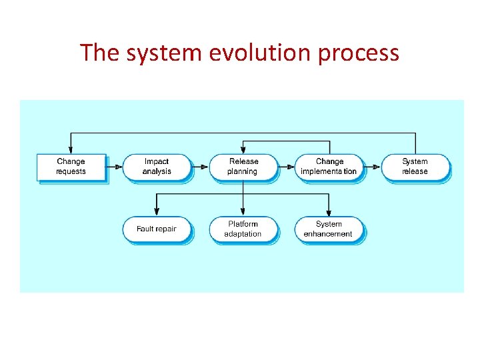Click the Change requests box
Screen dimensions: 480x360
click(71, 167)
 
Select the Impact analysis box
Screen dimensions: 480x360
click(157, 167)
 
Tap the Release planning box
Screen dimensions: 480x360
click(243, 167)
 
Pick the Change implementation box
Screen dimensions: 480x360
click(329, 167)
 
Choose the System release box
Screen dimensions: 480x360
click(415, 167)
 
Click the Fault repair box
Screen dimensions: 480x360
click(157, 229)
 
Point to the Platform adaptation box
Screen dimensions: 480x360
click(243, 229)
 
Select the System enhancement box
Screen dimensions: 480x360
click(329, 229)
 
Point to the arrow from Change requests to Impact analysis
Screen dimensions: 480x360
click(113, 167)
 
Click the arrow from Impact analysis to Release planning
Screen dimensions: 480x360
click(200, 167)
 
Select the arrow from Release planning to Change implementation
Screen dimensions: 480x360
click(285, 167)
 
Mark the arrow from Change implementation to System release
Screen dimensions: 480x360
click(372, 167)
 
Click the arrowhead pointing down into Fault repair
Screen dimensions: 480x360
click(157, 212)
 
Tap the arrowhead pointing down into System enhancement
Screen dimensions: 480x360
click(329, 212)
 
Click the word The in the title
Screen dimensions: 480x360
click(98, 52)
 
